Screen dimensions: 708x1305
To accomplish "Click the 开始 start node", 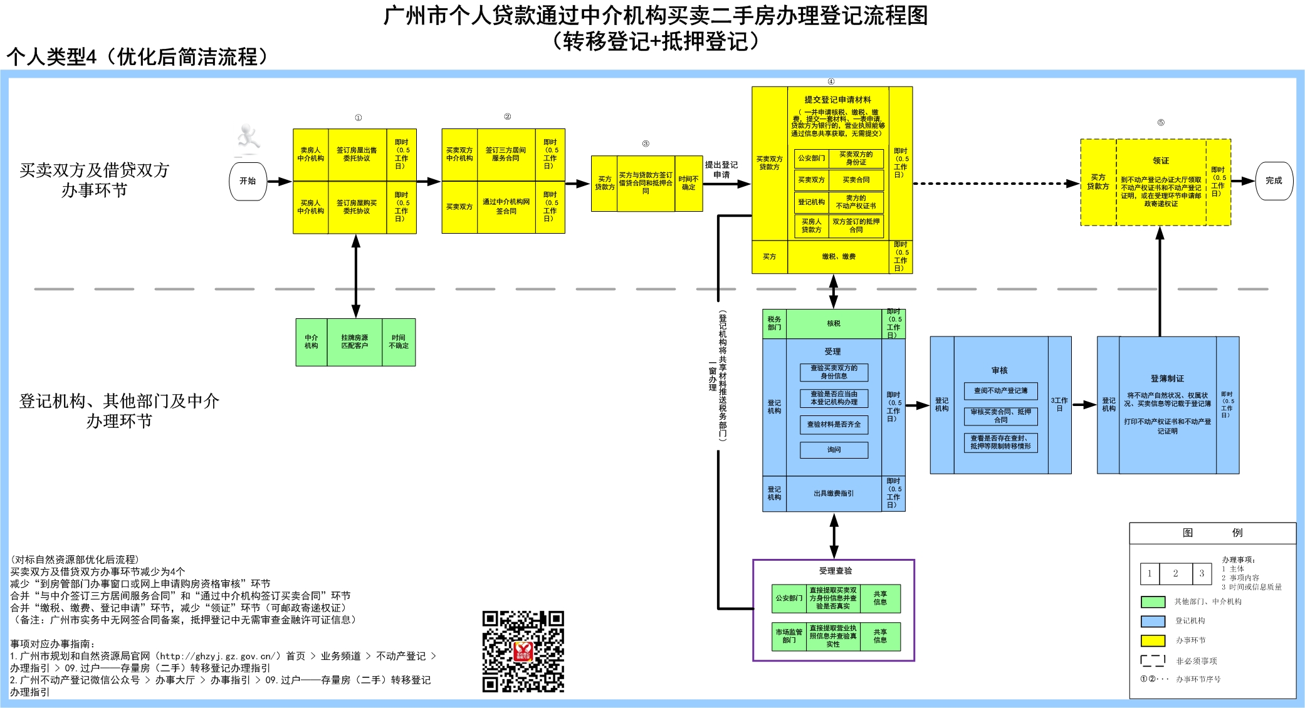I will tap(248, 181).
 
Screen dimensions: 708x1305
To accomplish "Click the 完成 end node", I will tap(1274, 181).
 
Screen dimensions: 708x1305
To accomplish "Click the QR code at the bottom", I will tap(523, 652).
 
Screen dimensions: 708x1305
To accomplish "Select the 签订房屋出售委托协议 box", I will tap(357, 155).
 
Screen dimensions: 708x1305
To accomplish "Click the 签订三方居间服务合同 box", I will tap(506, 155).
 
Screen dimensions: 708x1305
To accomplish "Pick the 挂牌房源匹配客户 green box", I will tap(354, 342).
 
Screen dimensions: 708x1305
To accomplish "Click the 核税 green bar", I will tap(834, 324).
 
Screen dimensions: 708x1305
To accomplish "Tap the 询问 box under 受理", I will tap(834, 450).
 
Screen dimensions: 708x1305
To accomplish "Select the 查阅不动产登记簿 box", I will tap(1000, 391).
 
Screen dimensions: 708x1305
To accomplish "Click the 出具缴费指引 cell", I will tap(834, 494).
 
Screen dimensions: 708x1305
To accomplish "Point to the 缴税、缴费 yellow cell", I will tap(838, 257).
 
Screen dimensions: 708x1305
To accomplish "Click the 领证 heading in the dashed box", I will tap(1160, 161).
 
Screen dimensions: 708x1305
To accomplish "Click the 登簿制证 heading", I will tap(1167, 378).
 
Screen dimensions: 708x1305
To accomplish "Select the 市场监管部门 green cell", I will tap(789, 637).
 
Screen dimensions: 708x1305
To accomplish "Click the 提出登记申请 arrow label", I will tap(721, 170).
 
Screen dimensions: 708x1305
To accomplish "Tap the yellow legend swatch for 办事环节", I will tap(1153, 640).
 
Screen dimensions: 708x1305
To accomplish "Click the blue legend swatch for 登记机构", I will tap(1153, 621).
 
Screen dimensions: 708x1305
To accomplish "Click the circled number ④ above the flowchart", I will tap(831, 81).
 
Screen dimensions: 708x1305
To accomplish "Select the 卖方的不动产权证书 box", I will tap(856, 202).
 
